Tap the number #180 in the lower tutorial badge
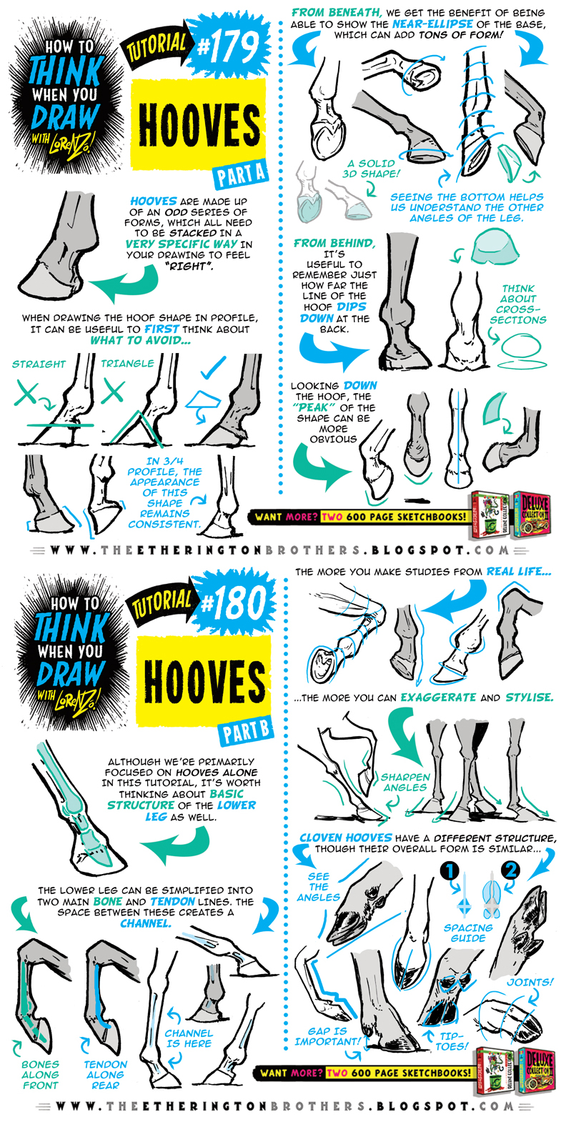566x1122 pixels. click(234, 604)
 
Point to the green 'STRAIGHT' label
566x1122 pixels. click(39, 364)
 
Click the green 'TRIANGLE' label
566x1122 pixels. click(127, 364)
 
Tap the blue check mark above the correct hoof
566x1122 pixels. click(213, 367)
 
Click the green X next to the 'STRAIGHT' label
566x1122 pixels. click(26, 394)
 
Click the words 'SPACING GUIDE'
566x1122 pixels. click(468, 933)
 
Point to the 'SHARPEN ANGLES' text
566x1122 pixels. click(405, 783)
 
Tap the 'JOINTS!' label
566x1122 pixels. click(530, 982)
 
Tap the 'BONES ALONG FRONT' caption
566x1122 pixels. click(40, 1075)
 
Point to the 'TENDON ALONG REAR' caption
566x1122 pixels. click(105, 1075)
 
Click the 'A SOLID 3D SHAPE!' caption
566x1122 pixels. click(371, 169)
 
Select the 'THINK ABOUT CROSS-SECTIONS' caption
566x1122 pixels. click(518, 304)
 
